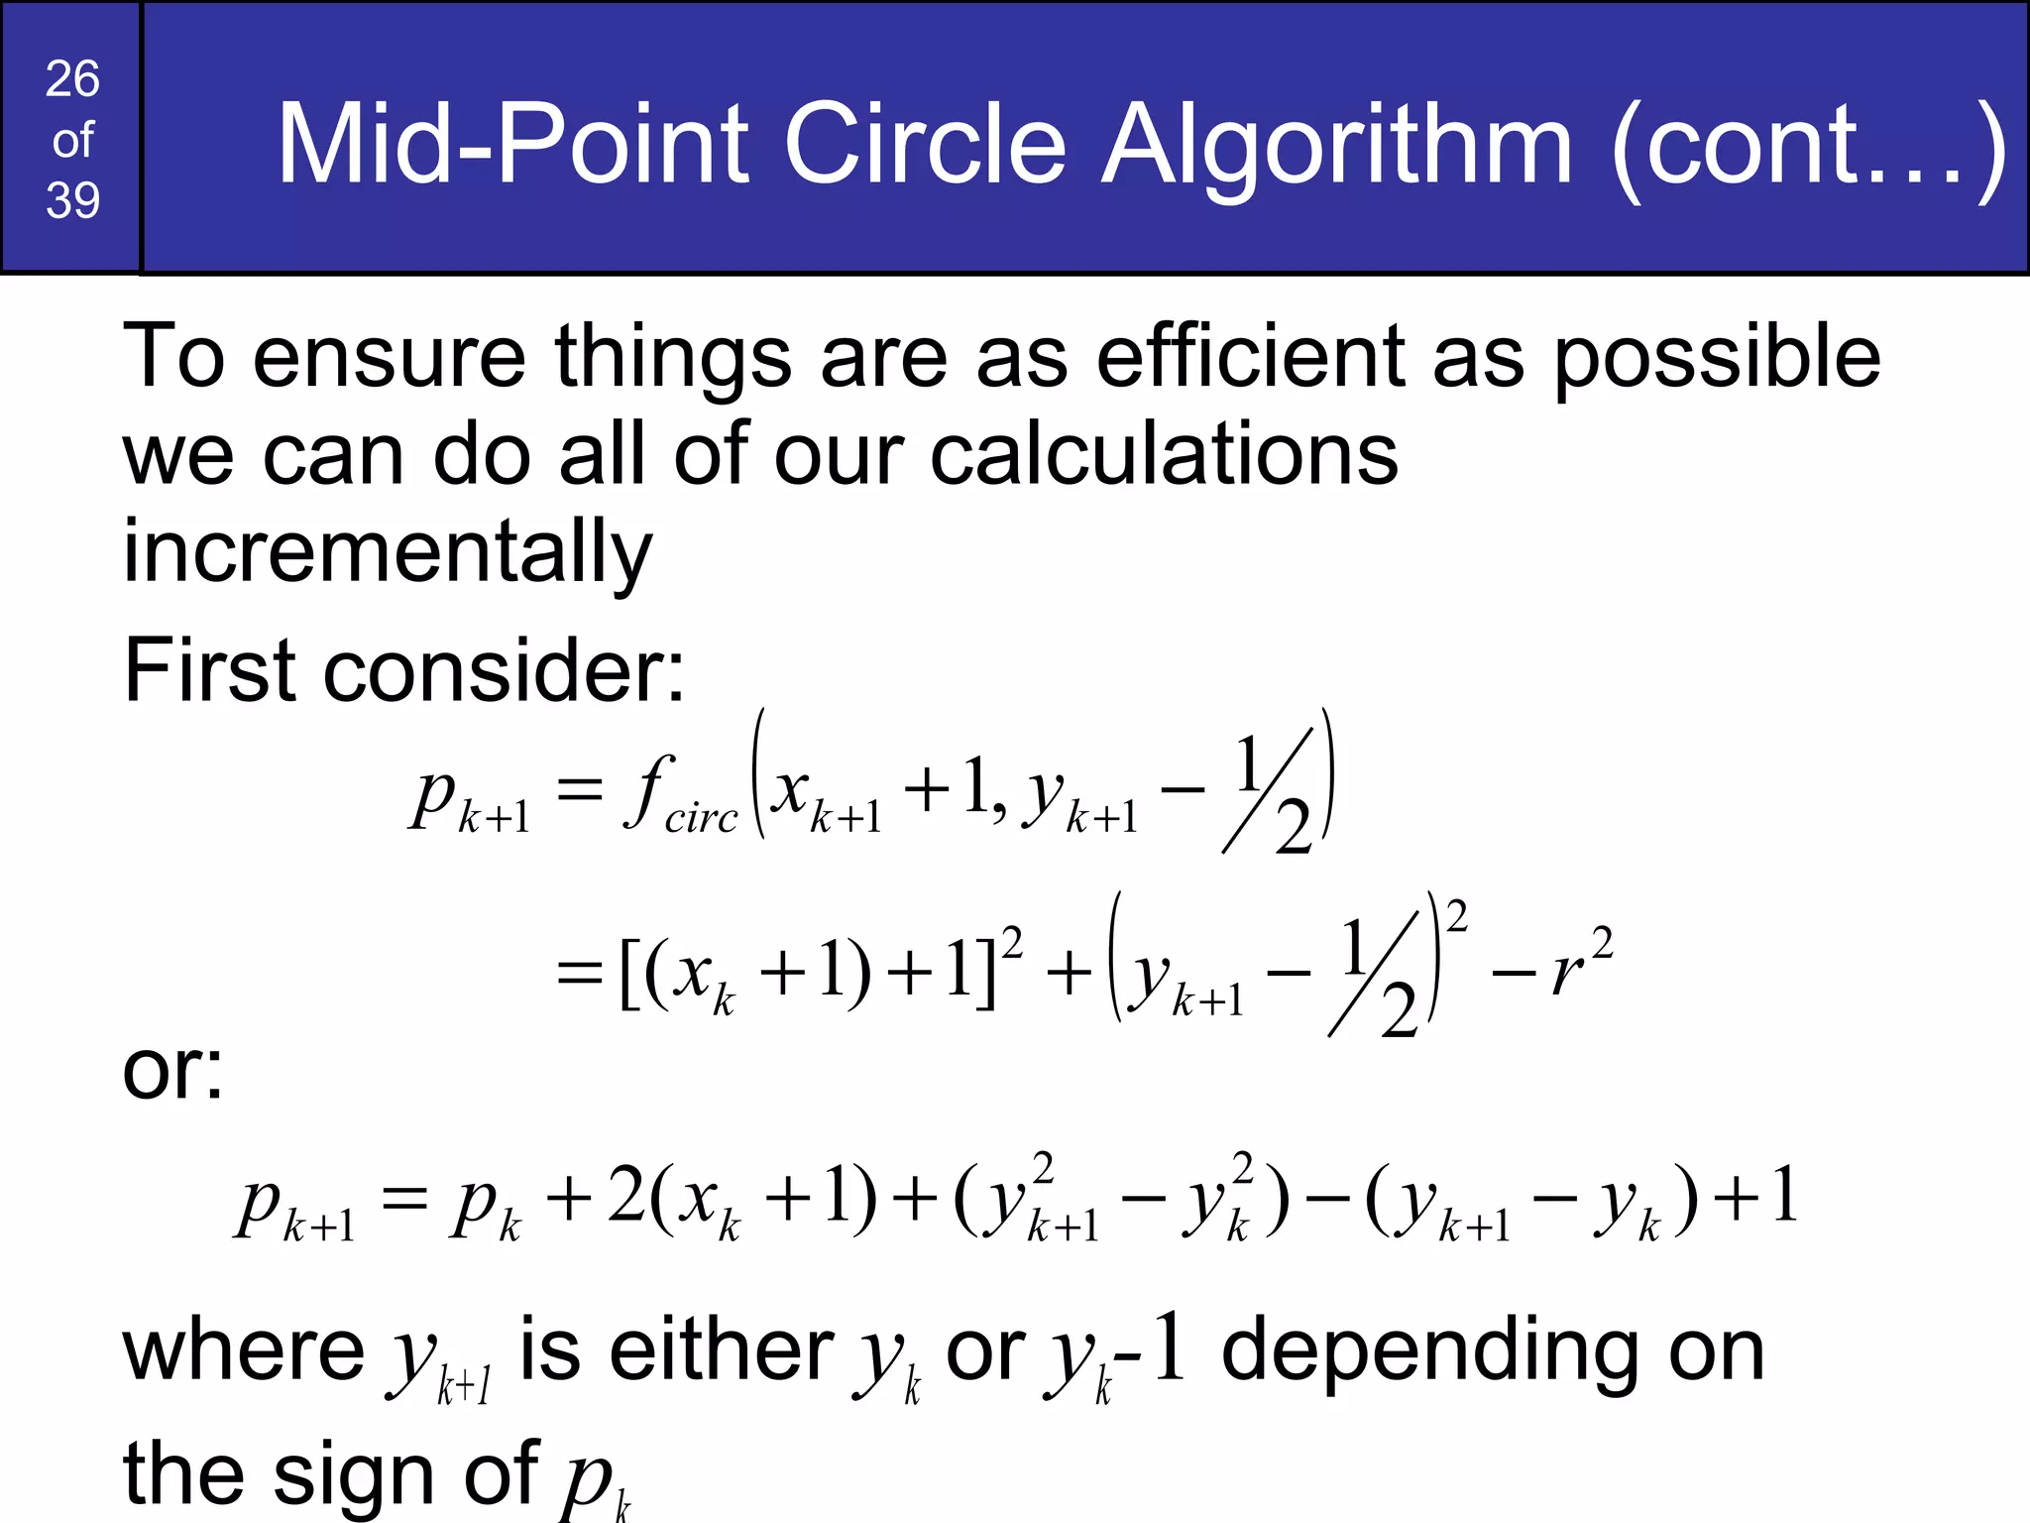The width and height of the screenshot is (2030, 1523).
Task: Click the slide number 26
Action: click(x=72, y=79)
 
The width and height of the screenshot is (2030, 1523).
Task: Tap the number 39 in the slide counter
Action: click(x=72, y=200)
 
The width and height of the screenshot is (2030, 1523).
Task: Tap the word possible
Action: click(x=1716, y=359)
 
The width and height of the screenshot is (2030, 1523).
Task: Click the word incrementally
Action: click(x=388, y=552)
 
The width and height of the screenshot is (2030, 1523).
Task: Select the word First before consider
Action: click(x=208, y=670)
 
